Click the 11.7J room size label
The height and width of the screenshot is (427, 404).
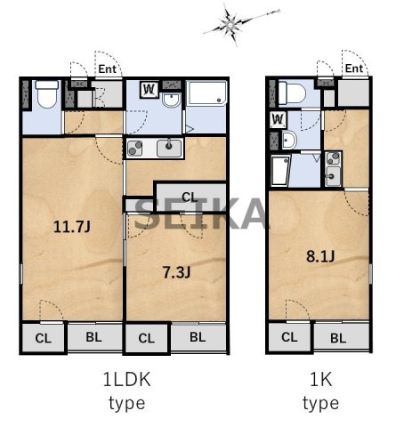[72, 227]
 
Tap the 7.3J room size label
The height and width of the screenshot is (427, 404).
[177, 272]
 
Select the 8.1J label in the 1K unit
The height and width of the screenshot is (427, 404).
[320, 256]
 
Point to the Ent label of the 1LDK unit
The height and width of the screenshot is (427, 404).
[107, 69]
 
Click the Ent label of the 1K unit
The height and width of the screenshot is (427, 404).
[354, 68]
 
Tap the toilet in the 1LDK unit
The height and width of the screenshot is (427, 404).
[46, 94]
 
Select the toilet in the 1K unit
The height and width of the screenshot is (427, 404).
[292, 93]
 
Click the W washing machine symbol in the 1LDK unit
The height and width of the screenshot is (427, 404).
[149, 90]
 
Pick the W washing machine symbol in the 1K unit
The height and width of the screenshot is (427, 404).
[279, 119]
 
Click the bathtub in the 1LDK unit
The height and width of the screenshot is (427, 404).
[207, 93]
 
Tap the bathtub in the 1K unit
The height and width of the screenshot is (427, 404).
[280, 170]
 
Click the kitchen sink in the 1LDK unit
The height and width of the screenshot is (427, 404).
[169, 149]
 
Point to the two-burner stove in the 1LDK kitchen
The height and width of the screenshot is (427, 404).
[135, 149]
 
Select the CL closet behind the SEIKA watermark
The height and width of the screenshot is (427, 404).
[190, 197]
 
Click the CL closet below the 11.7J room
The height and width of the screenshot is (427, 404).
[44, 338]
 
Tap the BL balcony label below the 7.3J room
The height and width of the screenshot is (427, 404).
[198, 337]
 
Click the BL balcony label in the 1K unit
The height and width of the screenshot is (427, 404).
[338, 338]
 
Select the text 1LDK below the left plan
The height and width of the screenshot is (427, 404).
[127, 379]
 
